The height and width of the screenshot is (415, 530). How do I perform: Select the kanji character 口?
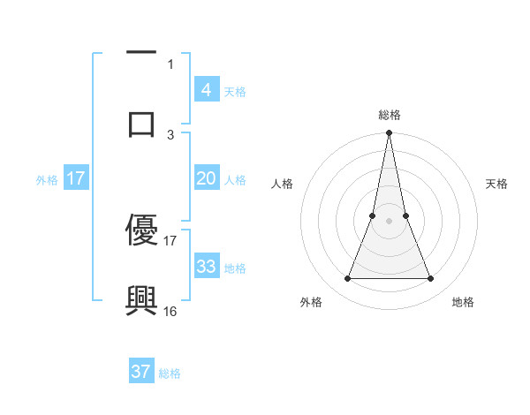coord(141,124)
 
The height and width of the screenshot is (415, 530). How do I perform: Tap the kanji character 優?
coord(141,230)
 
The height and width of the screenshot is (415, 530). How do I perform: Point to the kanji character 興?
coord(141,301)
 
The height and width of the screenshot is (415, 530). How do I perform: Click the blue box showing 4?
coord(206,90)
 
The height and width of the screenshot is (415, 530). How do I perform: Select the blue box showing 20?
coord(206,178)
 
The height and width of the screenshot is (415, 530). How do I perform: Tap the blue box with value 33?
coord(206,267)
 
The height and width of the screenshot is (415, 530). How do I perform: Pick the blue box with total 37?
coord(141,372)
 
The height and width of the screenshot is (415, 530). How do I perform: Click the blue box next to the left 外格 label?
coord(76,178)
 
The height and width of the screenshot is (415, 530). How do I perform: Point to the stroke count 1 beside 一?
coord(170,64)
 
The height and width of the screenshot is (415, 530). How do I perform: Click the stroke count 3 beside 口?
coord(170,134)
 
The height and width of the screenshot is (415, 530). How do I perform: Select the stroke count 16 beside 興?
coord(170,311)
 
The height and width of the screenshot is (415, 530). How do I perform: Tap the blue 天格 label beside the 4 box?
coord(234,91)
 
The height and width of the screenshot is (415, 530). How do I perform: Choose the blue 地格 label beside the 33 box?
coord(234,268)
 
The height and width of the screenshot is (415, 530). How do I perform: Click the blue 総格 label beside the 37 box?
coord(170,373)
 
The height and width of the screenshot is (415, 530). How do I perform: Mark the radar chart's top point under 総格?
coord(389,133)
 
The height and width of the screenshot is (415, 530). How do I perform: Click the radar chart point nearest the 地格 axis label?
coord(430,279)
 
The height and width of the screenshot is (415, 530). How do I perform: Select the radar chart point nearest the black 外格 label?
coord(347,279)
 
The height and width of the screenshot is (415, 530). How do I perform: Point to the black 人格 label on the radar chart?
coord(282,184)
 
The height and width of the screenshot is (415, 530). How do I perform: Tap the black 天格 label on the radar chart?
coord(497,184)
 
